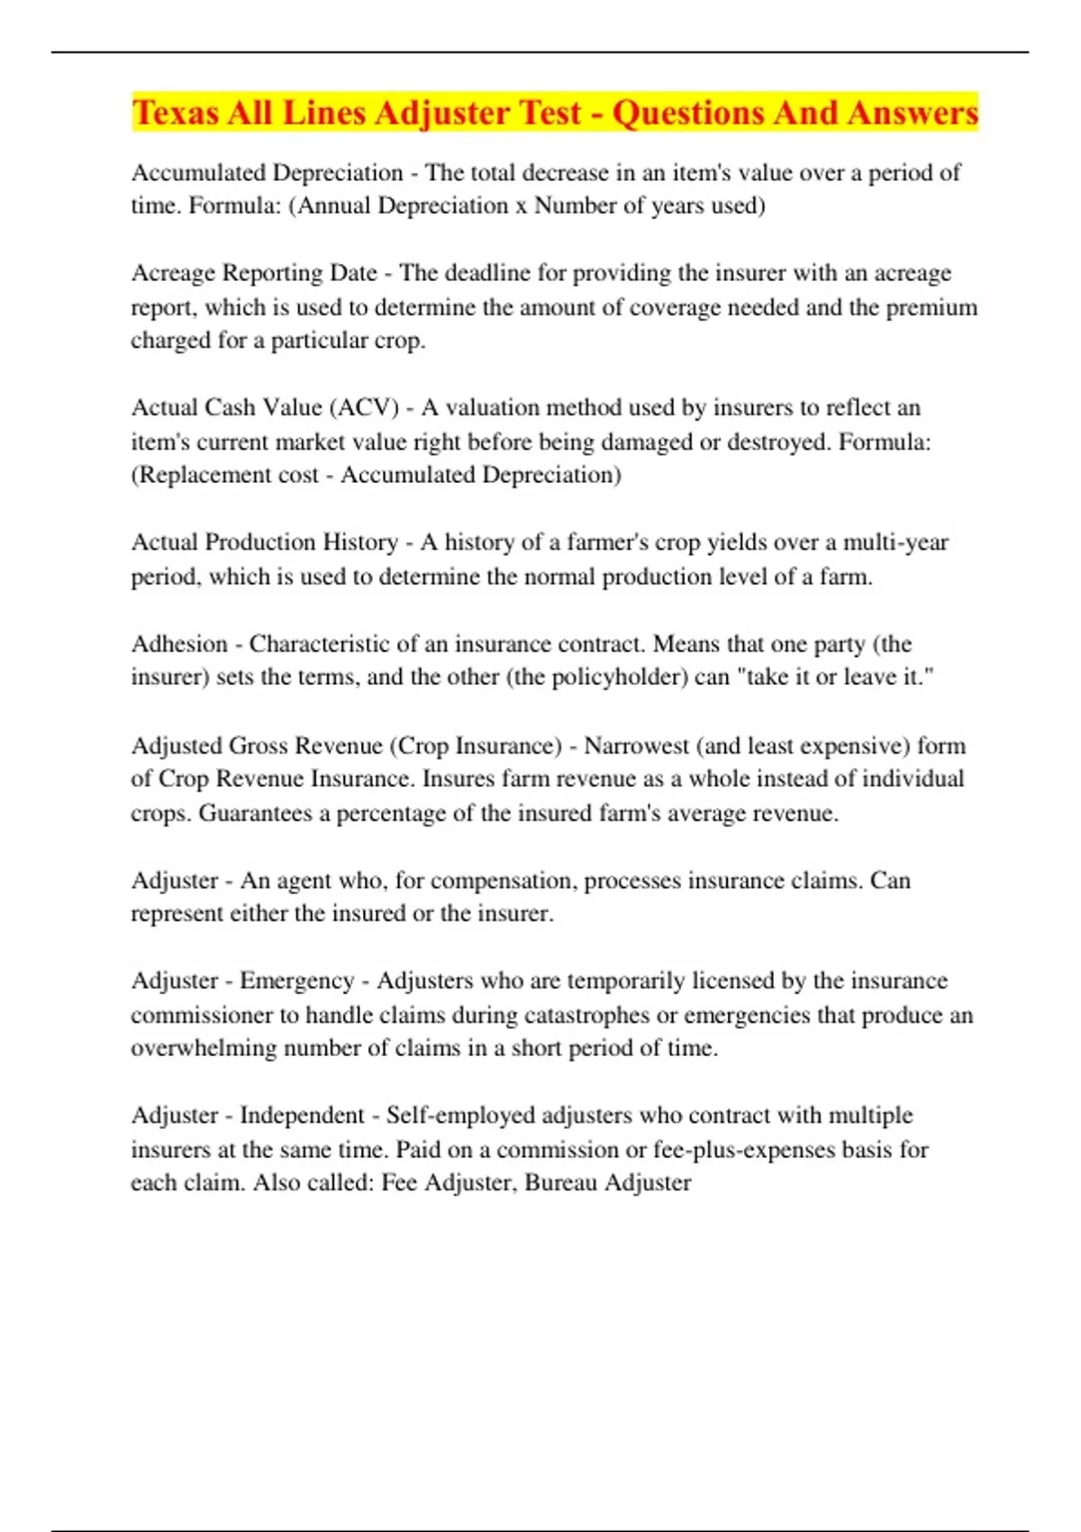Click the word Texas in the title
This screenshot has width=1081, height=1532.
176,114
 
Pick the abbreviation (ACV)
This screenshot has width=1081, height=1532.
364,408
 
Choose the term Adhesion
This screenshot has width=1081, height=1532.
179,644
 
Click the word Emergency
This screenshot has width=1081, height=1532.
296,980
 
